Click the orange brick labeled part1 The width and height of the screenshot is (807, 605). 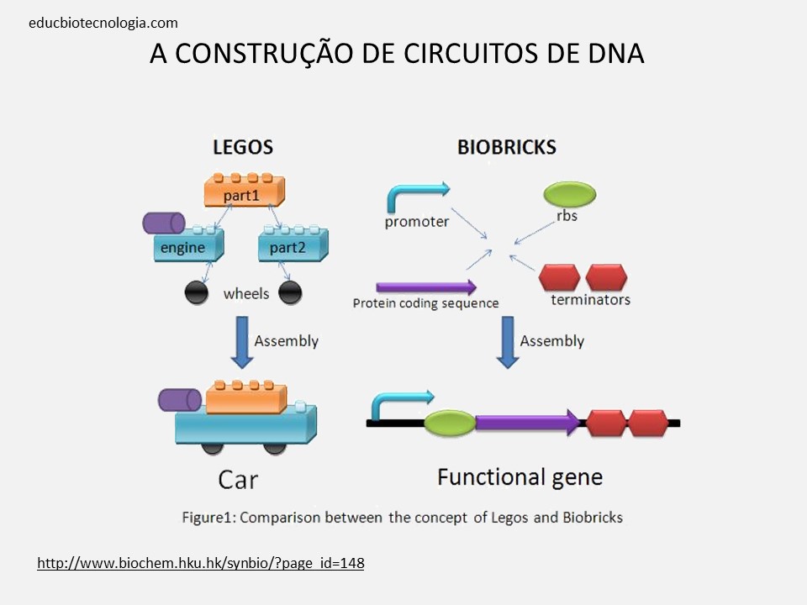[x=245, y=192]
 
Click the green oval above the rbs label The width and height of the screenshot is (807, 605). [x=569, y=194]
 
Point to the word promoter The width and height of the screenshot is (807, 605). [x=416, y=223]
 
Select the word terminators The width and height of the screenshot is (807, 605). [x=590, y=300]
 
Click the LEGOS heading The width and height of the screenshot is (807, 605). [x=242, y=147]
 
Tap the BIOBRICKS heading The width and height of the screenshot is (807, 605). [x=506, y=147]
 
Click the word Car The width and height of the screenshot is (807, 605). [x=238, y=481]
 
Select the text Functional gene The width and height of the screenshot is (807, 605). [x=520, y=477]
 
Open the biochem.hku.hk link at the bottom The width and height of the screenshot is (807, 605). [x=201, y=563]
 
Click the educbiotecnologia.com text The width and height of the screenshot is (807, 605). [x=103, y=24]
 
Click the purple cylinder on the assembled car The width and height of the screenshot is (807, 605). [x=179, y=400]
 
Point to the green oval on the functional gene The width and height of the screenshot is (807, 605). [x=449, y=423]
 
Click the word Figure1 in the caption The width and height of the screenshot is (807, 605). [x=208, y=518]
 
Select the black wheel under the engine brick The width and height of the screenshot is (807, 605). [x=197, y=292]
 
